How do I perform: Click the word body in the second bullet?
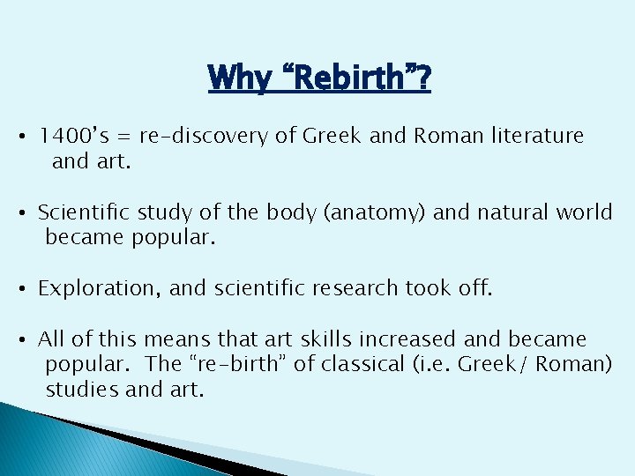pyautogui.click(x=239, y=212)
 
